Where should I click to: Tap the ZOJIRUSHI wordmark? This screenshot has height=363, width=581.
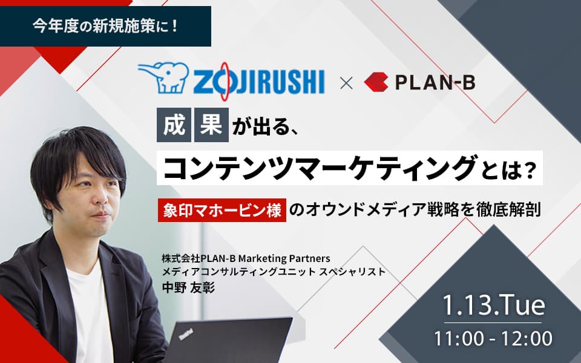tap(258, 82)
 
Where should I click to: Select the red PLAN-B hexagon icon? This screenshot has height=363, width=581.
tap(376, 82)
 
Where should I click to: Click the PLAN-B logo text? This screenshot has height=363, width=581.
tap(435, 82)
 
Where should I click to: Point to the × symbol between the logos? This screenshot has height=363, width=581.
tap(346, 83)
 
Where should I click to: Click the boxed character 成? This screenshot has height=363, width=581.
tap(174, 125)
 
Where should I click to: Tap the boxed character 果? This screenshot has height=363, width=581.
tap(211, 125)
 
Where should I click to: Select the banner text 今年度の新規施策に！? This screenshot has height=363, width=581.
tap(105, 26)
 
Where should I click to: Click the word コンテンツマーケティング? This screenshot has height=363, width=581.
tap(320, 168)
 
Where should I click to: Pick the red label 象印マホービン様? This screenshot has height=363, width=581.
tap(222, 210)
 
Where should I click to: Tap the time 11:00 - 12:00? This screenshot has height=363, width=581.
tap(493, 339)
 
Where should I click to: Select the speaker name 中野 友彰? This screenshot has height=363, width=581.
tap(188, 288)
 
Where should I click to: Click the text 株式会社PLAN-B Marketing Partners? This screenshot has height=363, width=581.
tap(246, 258)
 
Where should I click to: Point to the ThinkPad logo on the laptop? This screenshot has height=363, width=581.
tap(186, 334)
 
